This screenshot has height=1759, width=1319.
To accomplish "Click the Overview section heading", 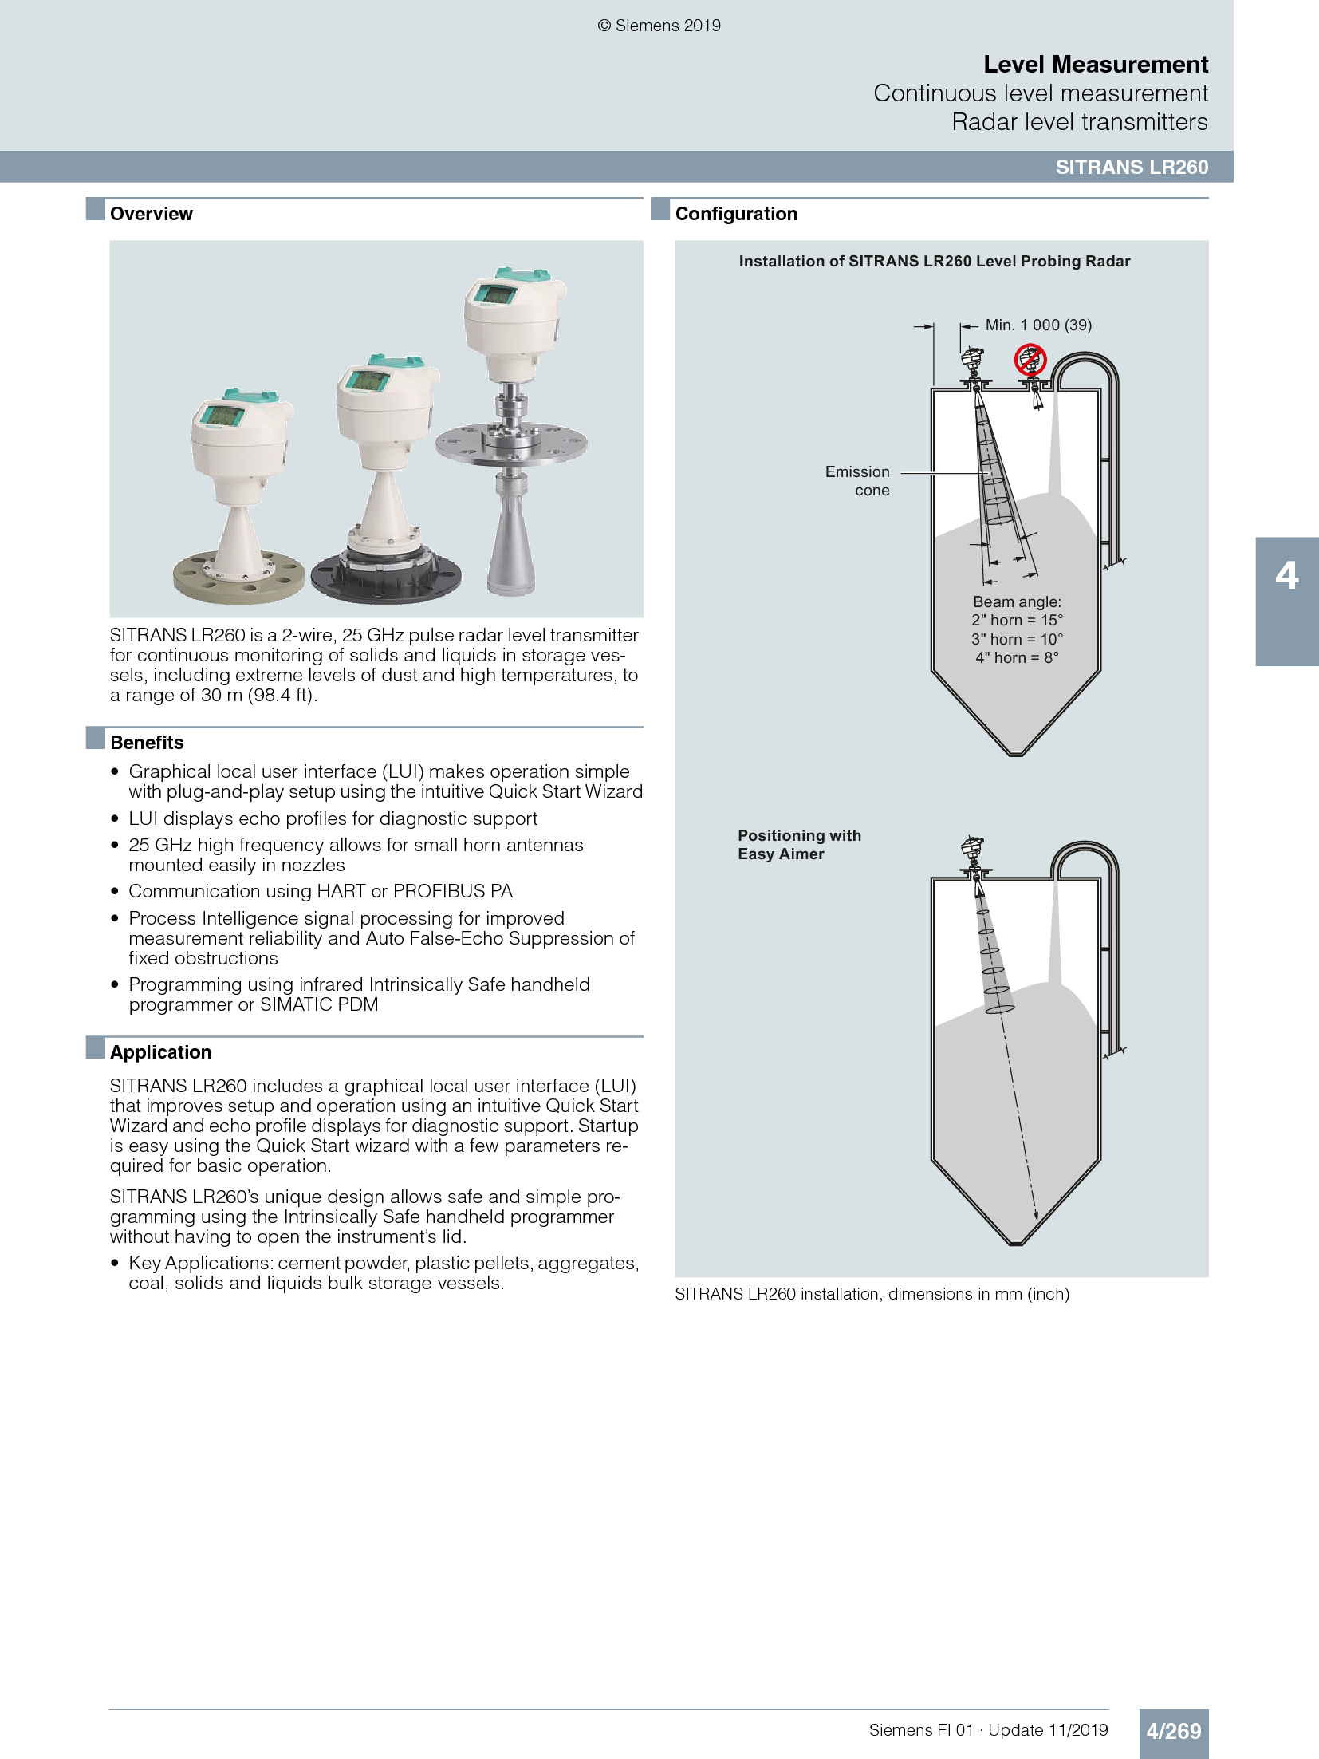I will pyautogui.click(x=151, y=214).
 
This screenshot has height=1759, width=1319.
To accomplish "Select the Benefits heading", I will pyautogui.click(x=147, y=743).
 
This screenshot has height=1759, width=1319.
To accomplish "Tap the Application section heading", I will pyautogui.click(x=160, y=1052).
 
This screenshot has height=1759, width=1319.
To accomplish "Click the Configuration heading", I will pyautogui.click(x=735, y=214).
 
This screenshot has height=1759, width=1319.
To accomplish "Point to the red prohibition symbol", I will pyautogui.click(x=1030, y=359).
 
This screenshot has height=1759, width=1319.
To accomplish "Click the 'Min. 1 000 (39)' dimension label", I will pyautogui.click(x=1038, y=325).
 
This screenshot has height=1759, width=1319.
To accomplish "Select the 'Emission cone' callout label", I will pyautogui.click(x=858, y=481).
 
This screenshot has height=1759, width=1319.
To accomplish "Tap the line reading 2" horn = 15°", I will pyautogui.click(x=1017, y=621).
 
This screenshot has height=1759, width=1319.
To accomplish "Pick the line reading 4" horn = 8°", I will pyautogui.click(x=1017, y=658).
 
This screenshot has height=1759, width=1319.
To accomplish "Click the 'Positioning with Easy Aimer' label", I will pyautogui.click(x=798, y=845).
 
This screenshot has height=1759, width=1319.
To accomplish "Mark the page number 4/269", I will pyautogui.click(x=1173, y=1731).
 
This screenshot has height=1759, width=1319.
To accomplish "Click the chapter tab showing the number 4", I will pyautogui.click(x=1286, y=576).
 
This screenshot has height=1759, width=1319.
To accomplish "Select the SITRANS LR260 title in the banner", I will pyautogui.click(x=1131, y=167).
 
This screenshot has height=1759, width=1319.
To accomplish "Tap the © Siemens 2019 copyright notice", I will pyautogui.click(x=659, y=26).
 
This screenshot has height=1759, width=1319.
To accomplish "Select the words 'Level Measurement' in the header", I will pyautogui.click(x=1095, y=65).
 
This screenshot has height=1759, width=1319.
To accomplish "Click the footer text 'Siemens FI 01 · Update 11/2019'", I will pyautogui.click(x=988, y=1730).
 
